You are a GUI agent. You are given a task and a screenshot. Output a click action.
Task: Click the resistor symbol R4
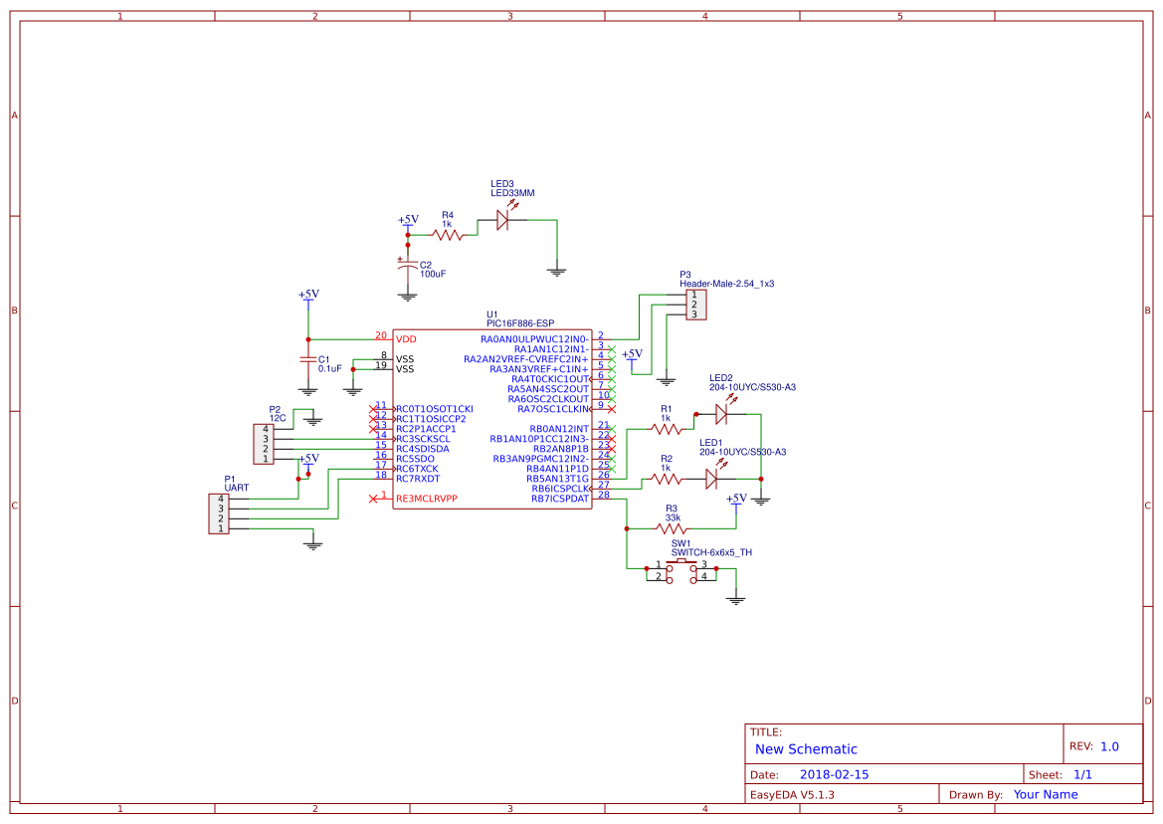tap(449, 235)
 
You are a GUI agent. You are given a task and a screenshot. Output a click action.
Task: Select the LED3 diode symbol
tap(502, 221)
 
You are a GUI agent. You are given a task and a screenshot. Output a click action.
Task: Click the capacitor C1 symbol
tap(308, 359)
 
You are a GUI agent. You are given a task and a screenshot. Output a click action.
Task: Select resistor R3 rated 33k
tap(672, 528)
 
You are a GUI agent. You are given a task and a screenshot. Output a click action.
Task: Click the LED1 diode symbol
tap(712, 479)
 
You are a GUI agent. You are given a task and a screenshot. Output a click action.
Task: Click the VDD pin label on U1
tap(406, 339)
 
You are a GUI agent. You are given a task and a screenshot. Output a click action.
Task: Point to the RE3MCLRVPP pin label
tap(427, 499)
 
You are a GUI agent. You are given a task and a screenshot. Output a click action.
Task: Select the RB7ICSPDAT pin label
tap(560, 499)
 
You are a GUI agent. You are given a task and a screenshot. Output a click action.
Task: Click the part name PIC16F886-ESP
tap(520, 323)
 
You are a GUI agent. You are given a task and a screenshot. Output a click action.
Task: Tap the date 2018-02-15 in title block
tap(834, 774)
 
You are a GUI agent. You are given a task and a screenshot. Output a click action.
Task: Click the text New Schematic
tap(806, 749)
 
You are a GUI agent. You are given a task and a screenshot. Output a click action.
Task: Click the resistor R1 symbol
tap(667, 428)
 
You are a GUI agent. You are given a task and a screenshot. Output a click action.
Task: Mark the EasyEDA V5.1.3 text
tap(792, 794)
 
